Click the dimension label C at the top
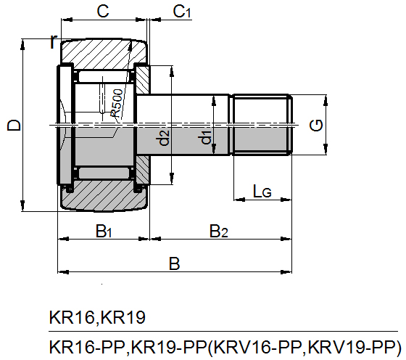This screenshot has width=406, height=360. (x=103, y=12)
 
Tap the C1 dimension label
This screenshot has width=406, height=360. (x=182, y=12)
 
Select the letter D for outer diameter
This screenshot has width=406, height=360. (x=14, y=125)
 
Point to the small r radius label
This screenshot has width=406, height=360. (x=53, y=41)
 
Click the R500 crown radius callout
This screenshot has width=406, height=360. (x=116, y=103)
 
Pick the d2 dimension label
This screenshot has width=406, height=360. (x=163, y=137)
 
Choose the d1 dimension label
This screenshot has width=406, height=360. (x=206, y=137)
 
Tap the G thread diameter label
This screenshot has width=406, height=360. (x=316, y=126)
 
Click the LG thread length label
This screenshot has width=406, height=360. (x=262, y=192)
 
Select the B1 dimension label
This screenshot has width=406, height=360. (x=104, y=232)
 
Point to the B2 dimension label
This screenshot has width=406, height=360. (x=219, y=232)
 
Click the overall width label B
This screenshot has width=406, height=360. (x=174, y=264)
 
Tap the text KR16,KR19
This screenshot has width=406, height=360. (x=97, y=317)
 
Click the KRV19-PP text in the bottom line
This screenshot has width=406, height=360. (x=352, y=347)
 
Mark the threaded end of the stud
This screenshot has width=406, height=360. (x=262, y=125)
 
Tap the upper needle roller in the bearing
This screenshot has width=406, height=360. (x=103, y=77)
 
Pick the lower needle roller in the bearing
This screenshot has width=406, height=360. (x=104, y=173)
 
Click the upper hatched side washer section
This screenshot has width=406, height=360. (x=143, y=80)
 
